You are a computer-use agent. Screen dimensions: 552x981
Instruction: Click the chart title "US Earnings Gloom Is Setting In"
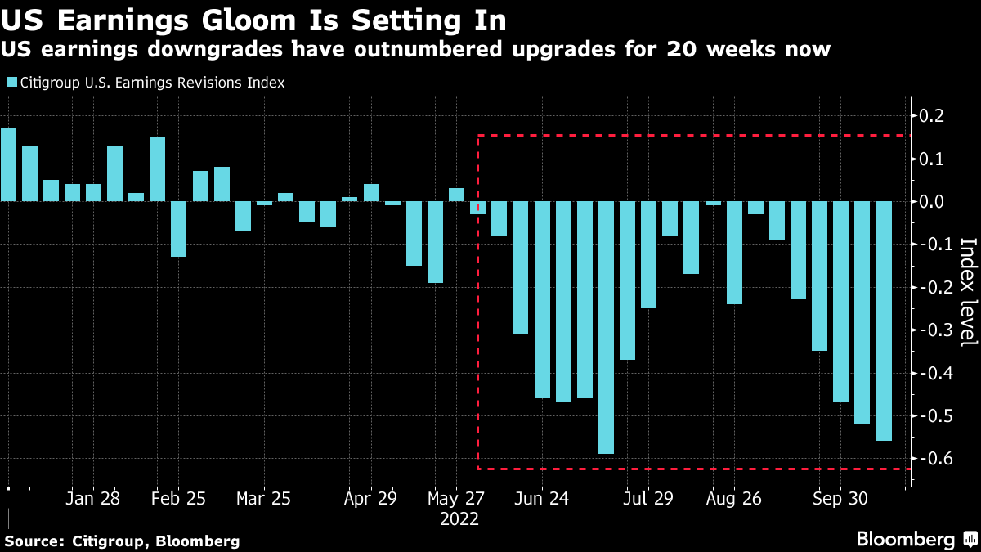pyautogui.click(x=253, y=18)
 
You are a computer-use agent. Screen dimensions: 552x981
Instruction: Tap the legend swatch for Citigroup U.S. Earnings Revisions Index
pyautogui.click(x=12, y=83)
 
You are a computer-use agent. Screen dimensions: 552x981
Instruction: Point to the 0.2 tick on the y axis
pyautogui.click(x=933, y=115)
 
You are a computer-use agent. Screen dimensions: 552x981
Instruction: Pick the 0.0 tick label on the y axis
pyautogui.click(x=933, y=201)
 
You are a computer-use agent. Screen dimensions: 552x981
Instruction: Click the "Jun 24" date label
pyautogui.click(x=541, y=498)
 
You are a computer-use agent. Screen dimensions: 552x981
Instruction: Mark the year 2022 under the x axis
pyautogui.click(x=459, y=518)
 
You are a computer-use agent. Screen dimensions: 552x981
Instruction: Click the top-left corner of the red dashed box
pyautogui.click(x=478, y=136)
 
